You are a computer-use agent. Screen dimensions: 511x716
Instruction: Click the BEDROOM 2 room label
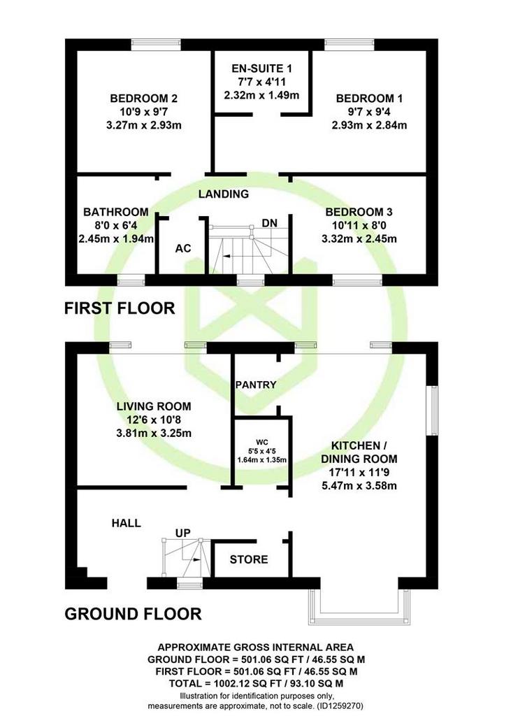143,98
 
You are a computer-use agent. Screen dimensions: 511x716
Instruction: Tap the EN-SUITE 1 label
261,69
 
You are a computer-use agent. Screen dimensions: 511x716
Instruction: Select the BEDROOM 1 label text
369,98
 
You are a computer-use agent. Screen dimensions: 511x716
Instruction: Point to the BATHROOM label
115,212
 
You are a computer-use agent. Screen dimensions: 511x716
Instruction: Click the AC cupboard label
183,248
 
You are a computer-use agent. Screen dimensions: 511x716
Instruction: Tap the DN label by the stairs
269,223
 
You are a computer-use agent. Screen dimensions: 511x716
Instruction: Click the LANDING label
223,194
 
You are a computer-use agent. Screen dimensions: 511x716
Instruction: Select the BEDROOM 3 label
359,212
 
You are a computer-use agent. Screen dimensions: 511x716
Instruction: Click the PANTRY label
256,385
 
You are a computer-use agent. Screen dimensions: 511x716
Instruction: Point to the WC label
262,442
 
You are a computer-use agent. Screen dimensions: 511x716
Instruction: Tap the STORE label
249,559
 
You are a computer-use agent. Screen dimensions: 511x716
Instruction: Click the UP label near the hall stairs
183,533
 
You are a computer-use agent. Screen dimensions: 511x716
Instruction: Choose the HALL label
126,523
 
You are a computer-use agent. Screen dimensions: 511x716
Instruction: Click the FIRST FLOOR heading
120,308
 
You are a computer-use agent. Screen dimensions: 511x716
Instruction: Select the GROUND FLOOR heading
133,614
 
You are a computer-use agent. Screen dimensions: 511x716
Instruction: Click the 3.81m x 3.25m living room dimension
154,433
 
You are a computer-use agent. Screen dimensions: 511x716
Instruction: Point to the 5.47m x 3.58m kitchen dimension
359,485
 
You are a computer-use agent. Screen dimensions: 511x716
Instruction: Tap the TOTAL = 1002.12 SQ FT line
256,684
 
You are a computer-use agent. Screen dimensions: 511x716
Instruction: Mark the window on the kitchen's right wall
432,410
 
